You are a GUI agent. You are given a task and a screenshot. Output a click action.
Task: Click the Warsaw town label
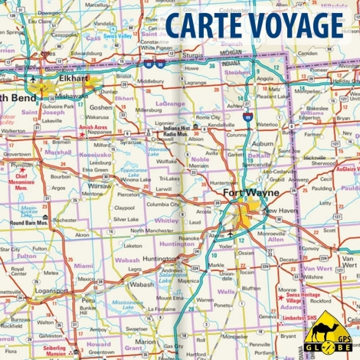pos(99,185)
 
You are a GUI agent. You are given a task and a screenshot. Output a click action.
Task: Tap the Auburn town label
pos(263,143)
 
